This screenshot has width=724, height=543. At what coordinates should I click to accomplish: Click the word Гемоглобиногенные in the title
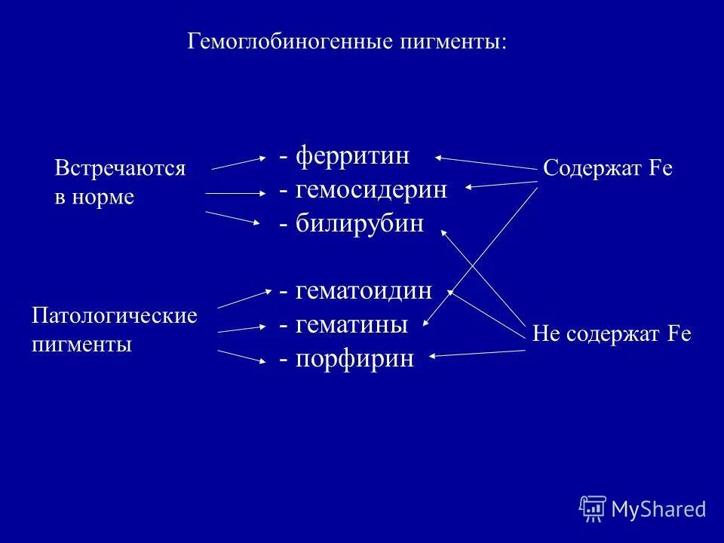tap(290, 41)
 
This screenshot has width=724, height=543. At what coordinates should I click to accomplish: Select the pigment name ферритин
tap(352, 156)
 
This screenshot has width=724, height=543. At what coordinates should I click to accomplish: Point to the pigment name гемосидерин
tap(371, 190)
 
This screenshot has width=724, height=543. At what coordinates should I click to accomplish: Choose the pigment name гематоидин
tap(364, 290)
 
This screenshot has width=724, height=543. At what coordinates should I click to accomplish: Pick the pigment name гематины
tap(351, 325)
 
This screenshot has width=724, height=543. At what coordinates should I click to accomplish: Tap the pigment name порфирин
tap(355, 359)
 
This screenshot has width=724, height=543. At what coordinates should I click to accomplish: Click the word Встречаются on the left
tap(120, 168)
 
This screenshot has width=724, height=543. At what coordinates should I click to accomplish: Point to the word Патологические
tap(114, 315)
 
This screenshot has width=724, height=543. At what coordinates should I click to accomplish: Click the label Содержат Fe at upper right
tap(607, 168)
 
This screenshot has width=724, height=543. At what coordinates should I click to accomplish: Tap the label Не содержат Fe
tap(612, 333)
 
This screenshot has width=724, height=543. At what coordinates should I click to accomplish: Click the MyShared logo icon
tap(592, 508)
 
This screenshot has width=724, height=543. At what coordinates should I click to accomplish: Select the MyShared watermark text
tap(658, 509)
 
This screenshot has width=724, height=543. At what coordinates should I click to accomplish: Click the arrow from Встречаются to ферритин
tap(238, 163)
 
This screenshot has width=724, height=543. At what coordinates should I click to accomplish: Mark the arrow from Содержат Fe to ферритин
tap(486, 163)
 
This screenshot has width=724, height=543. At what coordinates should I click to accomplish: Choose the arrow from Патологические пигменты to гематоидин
tap(244, 297)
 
